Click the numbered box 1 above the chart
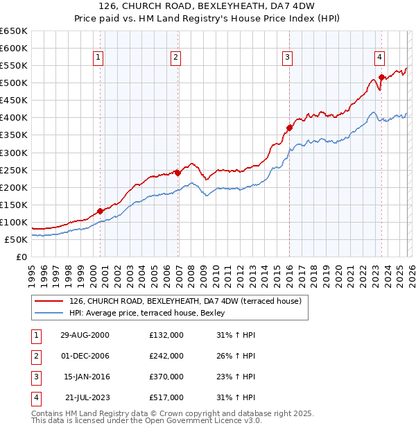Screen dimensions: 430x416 tap(98, 58)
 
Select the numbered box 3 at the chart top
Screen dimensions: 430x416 tap(287, 58)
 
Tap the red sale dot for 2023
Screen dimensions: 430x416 tap(381, 77)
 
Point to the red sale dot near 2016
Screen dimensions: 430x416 tap(289, 128)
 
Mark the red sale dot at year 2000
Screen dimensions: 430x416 tap(101, 211)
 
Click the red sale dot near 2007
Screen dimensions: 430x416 tap(177, 173)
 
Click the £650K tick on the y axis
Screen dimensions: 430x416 tap(14, 31)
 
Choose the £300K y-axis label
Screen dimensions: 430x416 tap(14, 153)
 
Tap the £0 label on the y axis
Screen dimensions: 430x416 tap(21, 257)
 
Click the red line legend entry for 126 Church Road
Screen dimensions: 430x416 tap(184, 302)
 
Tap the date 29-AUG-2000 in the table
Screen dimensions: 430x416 tap(85, 335)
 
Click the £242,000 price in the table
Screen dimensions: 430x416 tap(166, 356)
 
